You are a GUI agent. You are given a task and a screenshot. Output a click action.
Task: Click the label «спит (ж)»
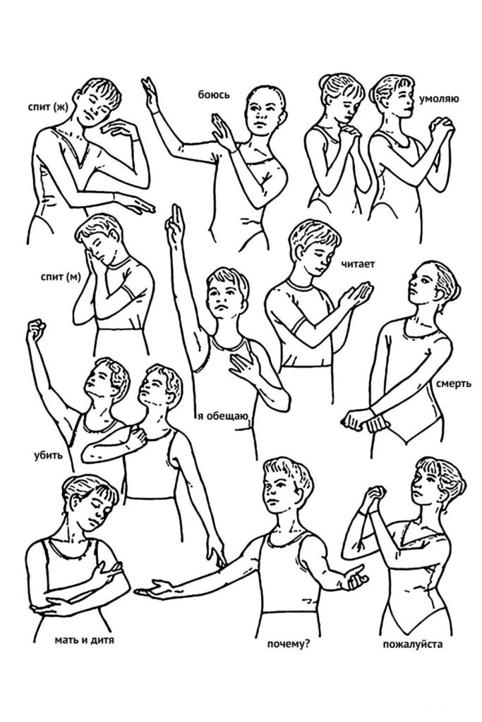47,107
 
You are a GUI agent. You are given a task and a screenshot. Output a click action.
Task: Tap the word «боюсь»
213,95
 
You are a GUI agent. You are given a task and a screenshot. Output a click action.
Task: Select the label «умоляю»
439,99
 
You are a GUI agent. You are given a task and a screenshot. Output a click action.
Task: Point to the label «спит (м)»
61,276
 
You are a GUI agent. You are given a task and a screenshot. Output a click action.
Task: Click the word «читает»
358,264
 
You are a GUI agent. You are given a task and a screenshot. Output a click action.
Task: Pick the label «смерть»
454,383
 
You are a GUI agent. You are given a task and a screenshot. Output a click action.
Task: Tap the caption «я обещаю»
223,417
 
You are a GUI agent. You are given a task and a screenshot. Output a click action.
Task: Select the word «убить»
48,456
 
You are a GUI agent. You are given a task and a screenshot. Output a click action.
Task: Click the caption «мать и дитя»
84,640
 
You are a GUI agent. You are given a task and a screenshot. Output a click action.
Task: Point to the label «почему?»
288,644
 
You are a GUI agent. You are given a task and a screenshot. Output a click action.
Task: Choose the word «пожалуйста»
412,644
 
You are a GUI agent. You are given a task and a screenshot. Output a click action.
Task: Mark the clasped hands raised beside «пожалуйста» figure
374,497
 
